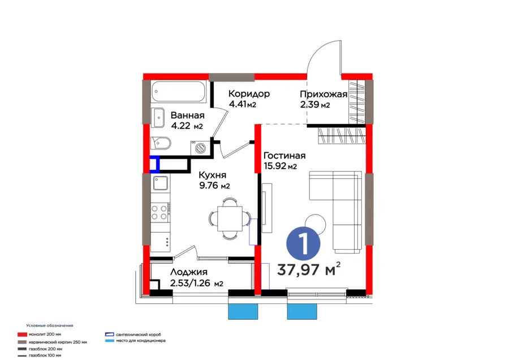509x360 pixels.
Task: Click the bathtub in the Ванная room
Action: (178, 91)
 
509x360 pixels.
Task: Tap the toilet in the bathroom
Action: (161, 143)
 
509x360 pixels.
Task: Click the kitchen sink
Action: (161, 183)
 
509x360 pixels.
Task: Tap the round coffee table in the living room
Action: (315, 224)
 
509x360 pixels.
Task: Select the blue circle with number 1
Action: (303, 244)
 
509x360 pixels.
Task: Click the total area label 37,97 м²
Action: (309, 269)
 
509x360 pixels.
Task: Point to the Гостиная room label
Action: (284, 156)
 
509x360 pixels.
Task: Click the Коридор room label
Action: (249, 94)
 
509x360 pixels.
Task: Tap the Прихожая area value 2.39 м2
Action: (315, 105)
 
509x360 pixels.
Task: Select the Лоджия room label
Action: (188, 272)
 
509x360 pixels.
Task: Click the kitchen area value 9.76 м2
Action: (214, 186)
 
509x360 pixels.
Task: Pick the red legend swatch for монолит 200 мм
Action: (22, 335)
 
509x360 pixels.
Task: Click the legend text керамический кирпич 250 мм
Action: (58, 342)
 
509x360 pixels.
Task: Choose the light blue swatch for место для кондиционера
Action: (110, 341)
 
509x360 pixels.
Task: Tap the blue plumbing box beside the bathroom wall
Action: (154, 164)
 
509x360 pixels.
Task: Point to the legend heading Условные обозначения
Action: (50, 325)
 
